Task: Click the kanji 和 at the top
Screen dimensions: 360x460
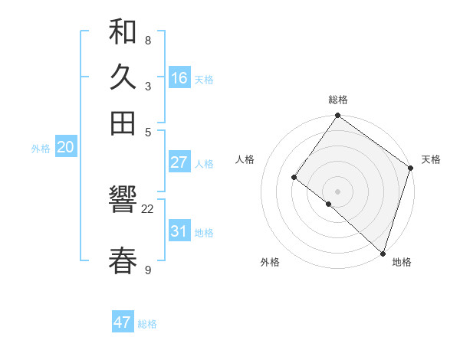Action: point(123,32)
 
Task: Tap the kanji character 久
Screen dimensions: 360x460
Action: point(123,77)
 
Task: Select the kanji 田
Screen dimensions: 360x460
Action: point(123,122)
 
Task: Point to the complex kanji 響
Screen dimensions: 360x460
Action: point(123,201)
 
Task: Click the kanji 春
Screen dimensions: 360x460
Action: point(123,260)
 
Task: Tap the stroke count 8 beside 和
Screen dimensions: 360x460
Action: point(147,40)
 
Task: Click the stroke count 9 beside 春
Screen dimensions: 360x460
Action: point(148,270)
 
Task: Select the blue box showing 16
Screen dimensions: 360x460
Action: point(179,78)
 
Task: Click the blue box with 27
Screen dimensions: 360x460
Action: point(179,162)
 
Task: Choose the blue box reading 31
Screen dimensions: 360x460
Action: point(179,231)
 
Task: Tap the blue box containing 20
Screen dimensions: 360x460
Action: point(65,148)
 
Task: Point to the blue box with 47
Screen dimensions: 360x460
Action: point(123,322)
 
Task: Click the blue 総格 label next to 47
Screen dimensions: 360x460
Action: point(147,324)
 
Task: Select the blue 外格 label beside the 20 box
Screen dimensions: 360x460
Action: point(41,149)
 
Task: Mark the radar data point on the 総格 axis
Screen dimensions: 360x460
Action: point(337,116)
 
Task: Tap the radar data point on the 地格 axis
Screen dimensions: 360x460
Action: point(383,253)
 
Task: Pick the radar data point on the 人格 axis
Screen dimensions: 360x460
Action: point(294,177)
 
